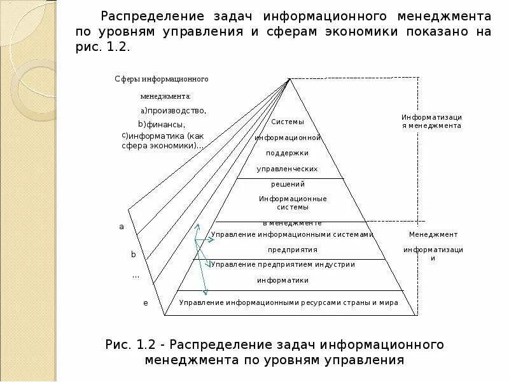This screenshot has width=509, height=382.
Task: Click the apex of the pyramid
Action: [290, 79]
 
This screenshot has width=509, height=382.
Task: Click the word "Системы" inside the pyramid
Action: [288, 122]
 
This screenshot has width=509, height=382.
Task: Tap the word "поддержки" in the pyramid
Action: [288, 153]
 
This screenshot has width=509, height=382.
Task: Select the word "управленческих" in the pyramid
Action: [287, 169]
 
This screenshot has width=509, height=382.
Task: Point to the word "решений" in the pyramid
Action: [288, 184]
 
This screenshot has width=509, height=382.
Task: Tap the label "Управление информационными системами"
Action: [292, 234]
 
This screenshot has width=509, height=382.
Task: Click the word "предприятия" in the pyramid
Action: [293, 250]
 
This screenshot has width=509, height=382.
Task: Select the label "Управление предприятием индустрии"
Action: [283, 264]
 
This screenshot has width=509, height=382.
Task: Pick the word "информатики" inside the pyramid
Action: [283, 280]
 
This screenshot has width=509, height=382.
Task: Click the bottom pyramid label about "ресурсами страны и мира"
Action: [289, 302]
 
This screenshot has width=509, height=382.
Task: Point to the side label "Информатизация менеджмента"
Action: [431, 122]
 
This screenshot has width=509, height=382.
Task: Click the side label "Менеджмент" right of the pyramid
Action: [433, 234]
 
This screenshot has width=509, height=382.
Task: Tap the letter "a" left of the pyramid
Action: [121, 227]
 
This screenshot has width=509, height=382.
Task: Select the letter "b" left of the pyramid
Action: [134, 254]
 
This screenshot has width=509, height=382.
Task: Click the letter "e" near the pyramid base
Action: [145, 303]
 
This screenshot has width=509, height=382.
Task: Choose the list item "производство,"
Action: [175, 111]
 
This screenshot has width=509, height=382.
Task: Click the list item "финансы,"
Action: [164, 124]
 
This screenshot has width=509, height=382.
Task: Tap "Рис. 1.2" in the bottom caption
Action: [130, 345]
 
